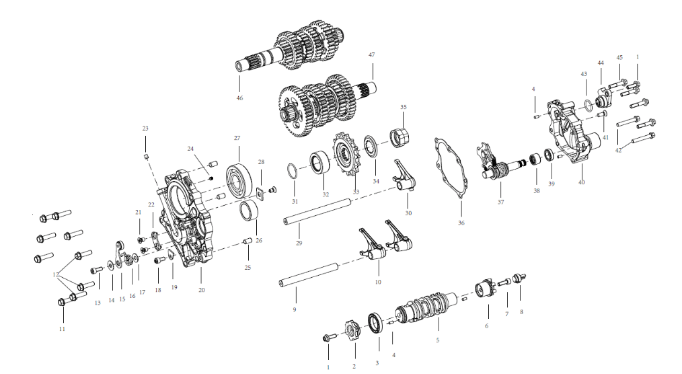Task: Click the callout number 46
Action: point(239,98)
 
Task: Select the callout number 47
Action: point(371,54)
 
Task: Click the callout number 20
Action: point(201,290)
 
